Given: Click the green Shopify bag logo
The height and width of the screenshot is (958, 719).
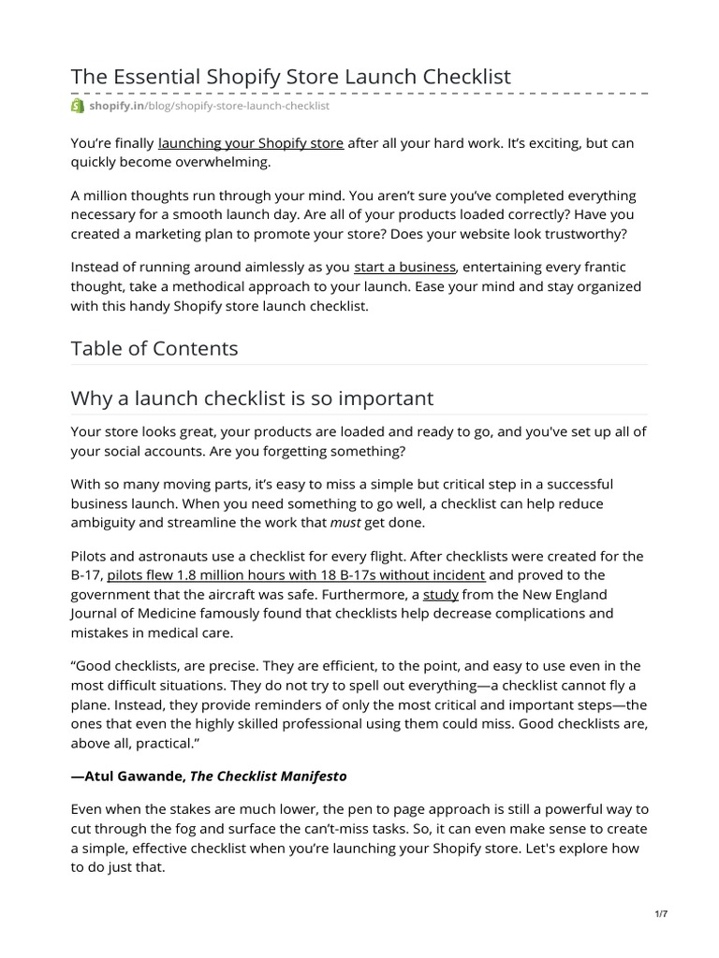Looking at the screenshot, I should [x=78, y=107].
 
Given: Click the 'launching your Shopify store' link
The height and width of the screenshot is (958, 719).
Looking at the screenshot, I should [x=251, y=143].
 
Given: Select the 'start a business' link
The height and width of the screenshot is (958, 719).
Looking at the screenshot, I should [x=404, y=268].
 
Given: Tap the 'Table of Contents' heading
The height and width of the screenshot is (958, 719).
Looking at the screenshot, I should [x=154, y=349].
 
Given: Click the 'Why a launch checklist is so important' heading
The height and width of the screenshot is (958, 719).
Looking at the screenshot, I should [x=252, y=399].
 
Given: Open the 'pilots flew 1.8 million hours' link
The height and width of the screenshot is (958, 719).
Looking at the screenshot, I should [x=296, y=574].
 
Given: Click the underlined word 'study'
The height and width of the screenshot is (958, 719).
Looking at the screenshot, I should [x=440, y=593].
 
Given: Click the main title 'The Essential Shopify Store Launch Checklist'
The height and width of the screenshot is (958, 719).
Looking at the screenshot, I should [x=291, y=77].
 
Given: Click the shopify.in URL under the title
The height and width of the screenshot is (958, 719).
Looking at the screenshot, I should [x=209, y=107].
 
